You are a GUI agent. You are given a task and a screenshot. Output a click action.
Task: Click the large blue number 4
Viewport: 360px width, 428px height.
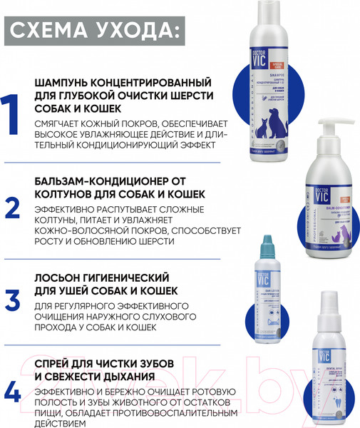13,392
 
